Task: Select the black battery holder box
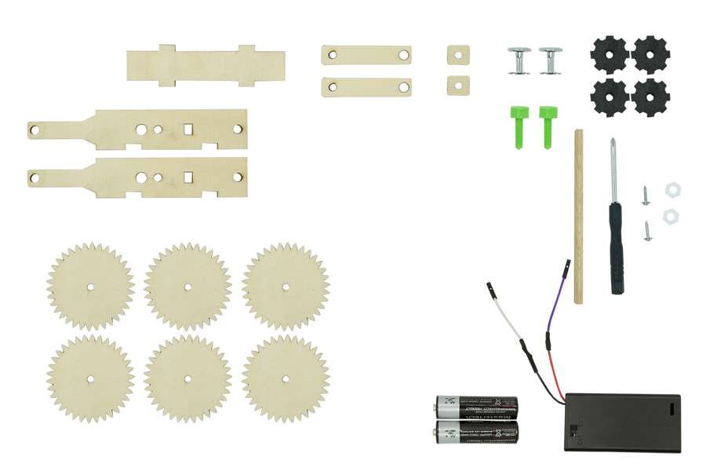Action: coord(624,422)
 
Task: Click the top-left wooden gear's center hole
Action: coord(89,285)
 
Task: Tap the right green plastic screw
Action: coord(547,126)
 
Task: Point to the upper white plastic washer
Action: coord(671,190)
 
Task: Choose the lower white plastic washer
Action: coord(669,214)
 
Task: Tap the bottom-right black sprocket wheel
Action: coord(651,97)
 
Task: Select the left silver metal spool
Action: coord(519,60)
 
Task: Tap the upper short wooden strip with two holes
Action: coord(366,54)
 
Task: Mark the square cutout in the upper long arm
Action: coord(188,128)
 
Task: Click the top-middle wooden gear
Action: coord(187,284)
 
